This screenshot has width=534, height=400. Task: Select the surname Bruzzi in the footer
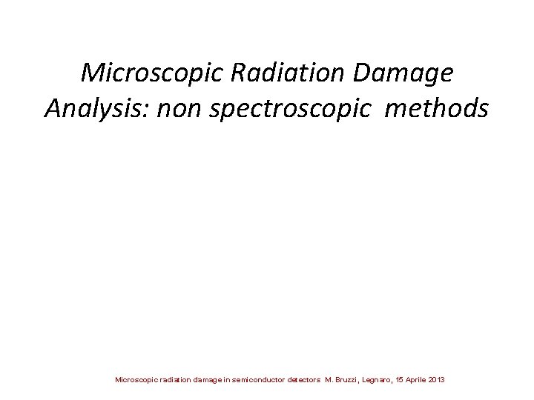[346, 380]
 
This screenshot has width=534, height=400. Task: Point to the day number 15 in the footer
[398, 380]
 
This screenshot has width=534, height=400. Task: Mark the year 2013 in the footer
[437, 380]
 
